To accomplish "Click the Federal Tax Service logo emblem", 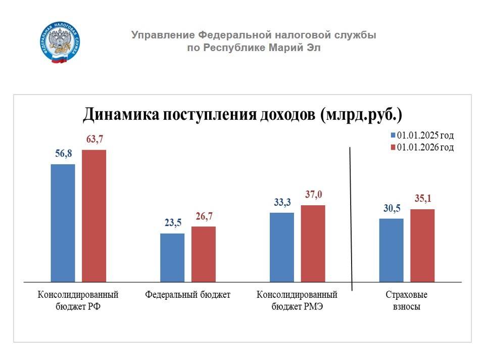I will [x=60, y=43].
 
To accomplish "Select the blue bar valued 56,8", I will [x=63, y=222].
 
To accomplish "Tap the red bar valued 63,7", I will [x=94, y=215].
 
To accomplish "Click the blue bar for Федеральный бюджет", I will [x=172, y=257].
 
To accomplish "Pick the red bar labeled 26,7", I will [x=204, y=253].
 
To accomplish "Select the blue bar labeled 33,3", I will [x=282, y=247].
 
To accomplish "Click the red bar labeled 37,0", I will [x=313, y=243].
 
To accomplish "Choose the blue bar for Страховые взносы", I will [x=392, y=250].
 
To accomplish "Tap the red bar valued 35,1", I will [x=422, y=245].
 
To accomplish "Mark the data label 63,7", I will [x=94, y=140].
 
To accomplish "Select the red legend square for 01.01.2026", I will [x=393, y=148].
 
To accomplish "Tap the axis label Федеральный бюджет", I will [x=187, y=295].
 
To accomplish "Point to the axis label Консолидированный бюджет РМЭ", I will [x=297, y=301].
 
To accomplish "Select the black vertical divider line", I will [x=351, y=217].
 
